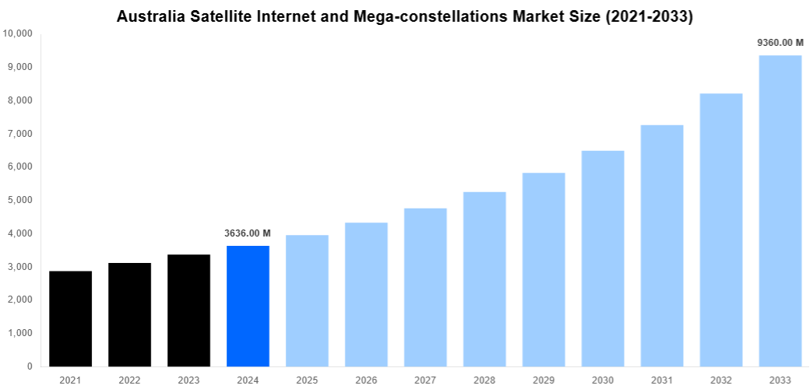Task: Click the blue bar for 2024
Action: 248,306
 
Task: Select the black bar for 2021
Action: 70,318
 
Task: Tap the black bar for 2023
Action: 188,310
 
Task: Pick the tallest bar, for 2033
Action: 780,210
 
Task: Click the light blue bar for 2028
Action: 484,279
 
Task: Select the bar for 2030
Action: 603,258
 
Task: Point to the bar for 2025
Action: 307,300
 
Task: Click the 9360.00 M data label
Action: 780,44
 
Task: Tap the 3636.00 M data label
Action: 248,233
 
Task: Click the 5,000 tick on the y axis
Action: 19,200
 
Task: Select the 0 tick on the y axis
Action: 30,366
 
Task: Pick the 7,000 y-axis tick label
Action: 19,134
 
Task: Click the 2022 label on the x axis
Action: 129,380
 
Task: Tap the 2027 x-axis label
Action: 425,380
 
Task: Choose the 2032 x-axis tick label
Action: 721,380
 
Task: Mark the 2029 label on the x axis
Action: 544,380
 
